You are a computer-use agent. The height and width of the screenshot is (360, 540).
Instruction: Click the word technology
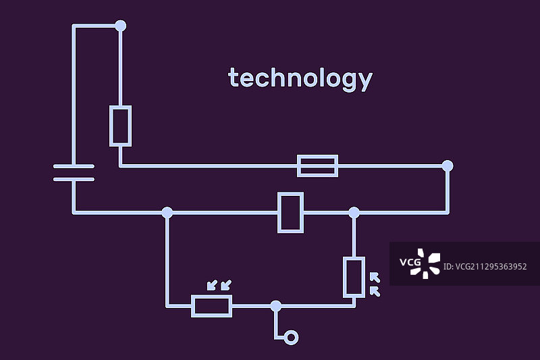pos(300,79)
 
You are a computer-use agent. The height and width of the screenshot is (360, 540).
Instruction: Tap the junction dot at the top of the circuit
pos(120,26)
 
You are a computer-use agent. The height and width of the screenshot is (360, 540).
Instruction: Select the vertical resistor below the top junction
pos(120,126)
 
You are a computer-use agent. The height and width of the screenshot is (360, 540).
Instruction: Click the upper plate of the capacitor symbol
pos(74,165)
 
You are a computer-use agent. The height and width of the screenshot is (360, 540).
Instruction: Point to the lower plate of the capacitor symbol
pos(74,179)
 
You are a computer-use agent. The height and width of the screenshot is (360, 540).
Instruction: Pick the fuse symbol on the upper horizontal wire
pos(317,165)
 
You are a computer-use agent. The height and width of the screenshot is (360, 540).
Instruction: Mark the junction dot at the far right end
pos(447,165)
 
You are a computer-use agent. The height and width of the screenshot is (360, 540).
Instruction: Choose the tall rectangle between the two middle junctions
pos(290,212)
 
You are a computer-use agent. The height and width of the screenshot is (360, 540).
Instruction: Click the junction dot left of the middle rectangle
pos(167,212)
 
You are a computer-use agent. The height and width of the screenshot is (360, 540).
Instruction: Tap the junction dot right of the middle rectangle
pos(354,212)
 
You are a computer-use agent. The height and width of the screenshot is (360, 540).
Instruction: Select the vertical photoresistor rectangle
pos(354,277)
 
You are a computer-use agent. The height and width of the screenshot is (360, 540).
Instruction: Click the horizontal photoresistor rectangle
pos(212,305)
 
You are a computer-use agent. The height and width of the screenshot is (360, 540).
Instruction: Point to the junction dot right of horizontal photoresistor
pos(275,305)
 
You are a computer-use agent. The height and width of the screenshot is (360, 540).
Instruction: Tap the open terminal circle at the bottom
pos(291,337)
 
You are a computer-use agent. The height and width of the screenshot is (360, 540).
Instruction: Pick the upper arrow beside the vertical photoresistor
pos(375,277)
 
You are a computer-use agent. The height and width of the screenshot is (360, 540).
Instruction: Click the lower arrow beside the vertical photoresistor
pos(375,291)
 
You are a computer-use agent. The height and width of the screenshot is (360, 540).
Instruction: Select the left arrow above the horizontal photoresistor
pos(211,285)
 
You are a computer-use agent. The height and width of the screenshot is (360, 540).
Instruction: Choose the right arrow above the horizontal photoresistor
pos(225,285)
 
